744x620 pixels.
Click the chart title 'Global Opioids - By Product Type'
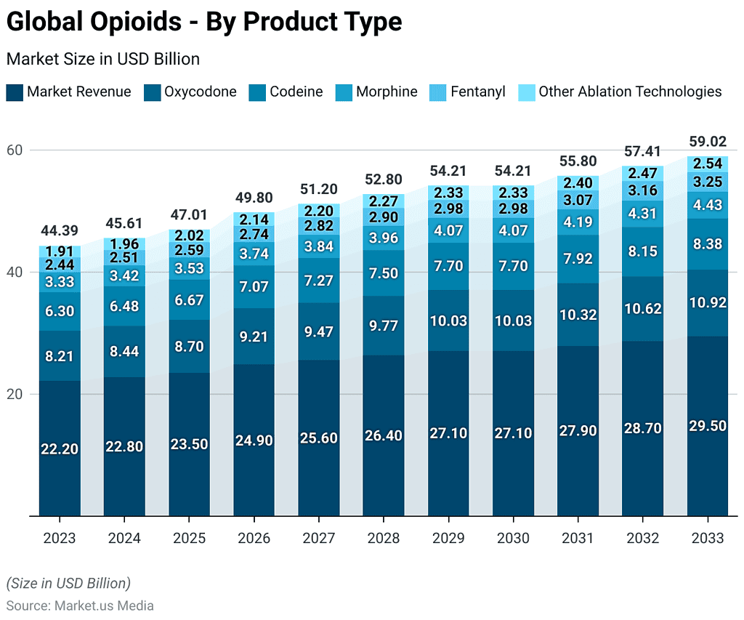click(204, 22)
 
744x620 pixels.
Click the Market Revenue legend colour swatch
click(15, 92)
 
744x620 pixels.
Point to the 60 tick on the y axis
click(15, 150)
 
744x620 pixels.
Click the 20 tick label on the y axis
click(15, 394)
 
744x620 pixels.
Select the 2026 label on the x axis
click(254, 539)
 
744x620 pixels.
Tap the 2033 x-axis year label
click(708, 539)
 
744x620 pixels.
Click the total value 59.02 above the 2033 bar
click(708, 141)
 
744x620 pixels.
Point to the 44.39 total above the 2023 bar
click(60, 230)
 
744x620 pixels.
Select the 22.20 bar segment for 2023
click(60, 448)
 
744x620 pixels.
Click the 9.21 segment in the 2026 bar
click(254, 337)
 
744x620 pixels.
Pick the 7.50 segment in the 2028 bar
click(383, 273)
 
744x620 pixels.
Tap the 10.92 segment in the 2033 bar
click(708, 303)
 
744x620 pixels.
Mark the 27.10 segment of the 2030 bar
click(512, 433)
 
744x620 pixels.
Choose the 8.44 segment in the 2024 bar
click(124, 352)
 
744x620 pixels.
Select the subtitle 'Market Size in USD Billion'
click(103, 59)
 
